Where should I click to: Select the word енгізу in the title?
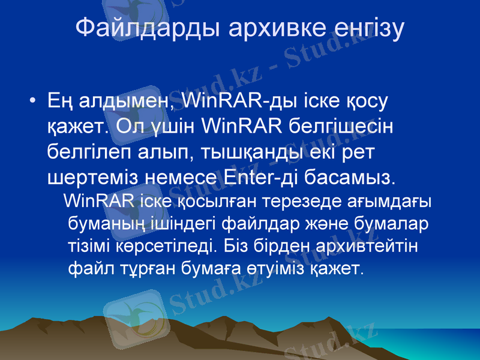[365, 28]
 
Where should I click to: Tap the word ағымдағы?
[397, 201]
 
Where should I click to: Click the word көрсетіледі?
[173, 245]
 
